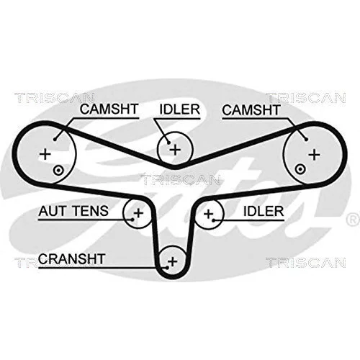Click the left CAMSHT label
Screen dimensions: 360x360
click(x=109, y=109)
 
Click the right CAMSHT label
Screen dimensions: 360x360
click(x=251, y=110)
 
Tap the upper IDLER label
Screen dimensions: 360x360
click(x=180, y=109)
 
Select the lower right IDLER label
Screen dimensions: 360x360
click(x=264, y=211)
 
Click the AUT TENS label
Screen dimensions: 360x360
click(x=73, y=211)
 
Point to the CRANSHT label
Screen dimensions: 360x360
click(x=71, y=258)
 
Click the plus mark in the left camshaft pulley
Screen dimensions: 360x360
click(x=45, y=154)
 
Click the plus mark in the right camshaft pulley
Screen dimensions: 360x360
click(x=315, y=155)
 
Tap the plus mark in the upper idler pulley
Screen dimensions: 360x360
click(x=175, y=150)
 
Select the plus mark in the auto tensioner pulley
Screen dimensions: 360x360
click(x=138, y=212)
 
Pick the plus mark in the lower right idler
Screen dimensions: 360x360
click(x=208, y=213)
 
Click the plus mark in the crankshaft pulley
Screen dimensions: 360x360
click(x=172, y=261)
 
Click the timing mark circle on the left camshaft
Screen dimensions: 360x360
click(x=58, y=171)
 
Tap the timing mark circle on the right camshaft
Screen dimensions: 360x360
click(x=300, y=169)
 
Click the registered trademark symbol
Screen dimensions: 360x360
click(x=353, y=220)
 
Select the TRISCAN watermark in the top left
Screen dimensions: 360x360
click(x=55, y=98)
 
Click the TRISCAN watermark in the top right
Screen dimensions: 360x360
click(x=307, y=98)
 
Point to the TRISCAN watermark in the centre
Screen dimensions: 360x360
click(x=181, y=180)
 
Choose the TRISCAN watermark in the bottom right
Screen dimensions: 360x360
click(x=306, y=262)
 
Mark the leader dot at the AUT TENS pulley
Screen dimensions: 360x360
click(x=132, y=219)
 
